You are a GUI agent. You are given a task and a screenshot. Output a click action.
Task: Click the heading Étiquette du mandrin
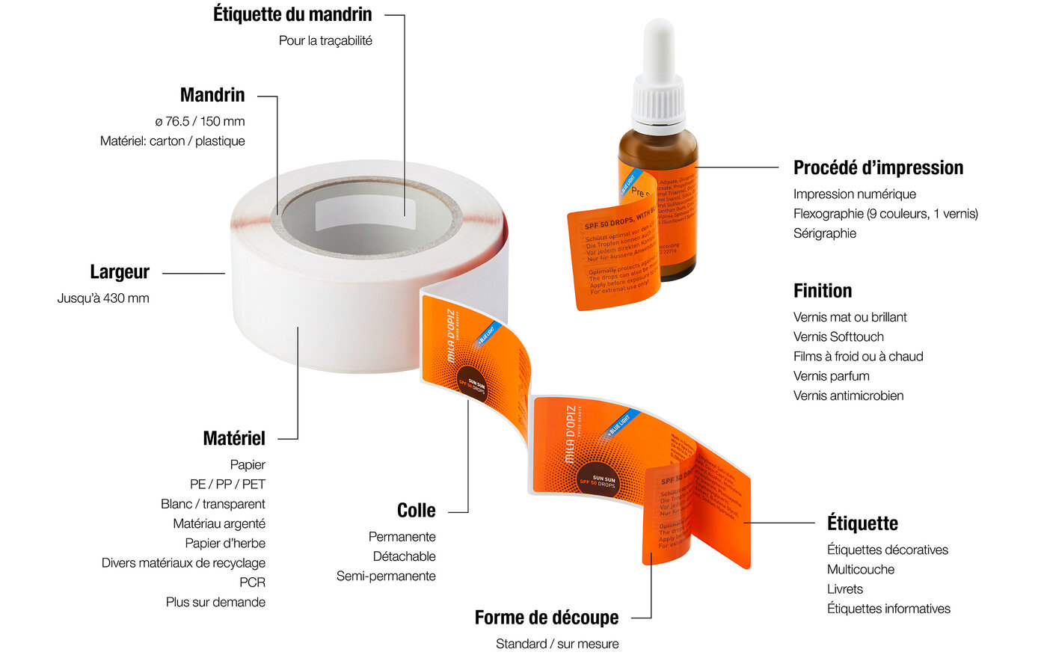coord(292,14)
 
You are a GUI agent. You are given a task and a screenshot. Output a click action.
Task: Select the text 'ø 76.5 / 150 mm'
coord(200,121)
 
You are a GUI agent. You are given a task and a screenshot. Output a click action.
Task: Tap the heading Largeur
coord(120,272)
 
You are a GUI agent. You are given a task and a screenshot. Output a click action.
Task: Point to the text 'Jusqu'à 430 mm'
coord(103,298)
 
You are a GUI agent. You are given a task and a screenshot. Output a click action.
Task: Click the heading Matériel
coord(234,438)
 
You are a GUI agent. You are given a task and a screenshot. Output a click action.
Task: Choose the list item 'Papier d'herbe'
coord(225,544)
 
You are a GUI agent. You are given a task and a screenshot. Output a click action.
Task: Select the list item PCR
coord(252,582)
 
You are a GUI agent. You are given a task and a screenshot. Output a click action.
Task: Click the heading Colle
coord(416,511)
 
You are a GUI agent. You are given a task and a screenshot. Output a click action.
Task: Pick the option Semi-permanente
coord(386,577)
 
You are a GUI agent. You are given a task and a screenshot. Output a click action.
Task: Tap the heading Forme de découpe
coord(547,618)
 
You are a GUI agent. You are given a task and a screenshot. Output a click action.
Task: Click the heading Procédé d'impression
coord(878,167)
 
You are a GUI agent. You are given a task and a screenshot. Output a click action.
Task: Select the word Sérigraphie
coord(824,233)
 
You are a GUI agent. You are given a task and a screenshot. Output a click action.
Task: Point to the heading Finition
coord(823,291)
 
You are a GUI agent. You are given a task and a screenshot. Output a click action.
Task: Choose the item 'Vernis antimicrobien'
coord(848,396)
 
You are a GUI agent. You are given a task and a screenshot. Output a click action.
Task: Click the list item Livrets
coord(844,589)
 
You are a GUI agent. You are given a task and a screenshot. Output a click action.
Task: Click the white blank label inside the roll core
coord(363,215)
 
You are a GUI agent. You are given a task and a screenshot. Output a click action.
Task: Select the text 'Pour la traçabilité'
coord(325,41)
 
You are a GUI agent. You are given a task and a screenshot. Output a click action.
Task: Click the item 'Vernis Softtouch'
coord(838,337)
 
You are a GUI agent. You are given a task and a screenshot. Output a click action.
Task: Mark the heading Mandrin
coord(212,95)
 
